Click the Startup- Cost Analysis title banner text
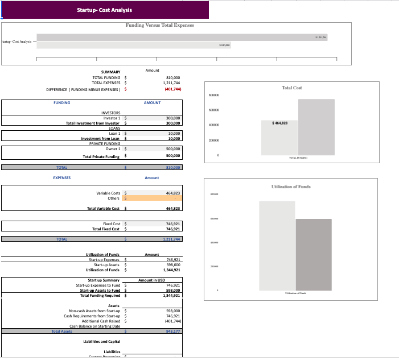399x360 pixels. click(x=104, y=10)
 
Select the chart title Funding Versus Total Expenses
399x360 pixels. click(x=160, y=25)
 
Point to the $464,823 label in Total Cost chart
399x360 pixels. click(x=279, y=123)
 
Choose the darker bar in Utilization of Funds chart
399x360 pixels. click(x=313, y=254)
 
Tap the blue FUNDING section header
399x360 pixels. click(x=62, y=103)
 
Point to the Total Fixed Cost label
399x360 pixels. click(x=105, y=229)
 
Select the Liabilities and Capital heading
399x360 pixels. click(x=101, y=341)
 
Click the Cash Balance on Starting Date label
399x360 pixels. click(x=94, y=326)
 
